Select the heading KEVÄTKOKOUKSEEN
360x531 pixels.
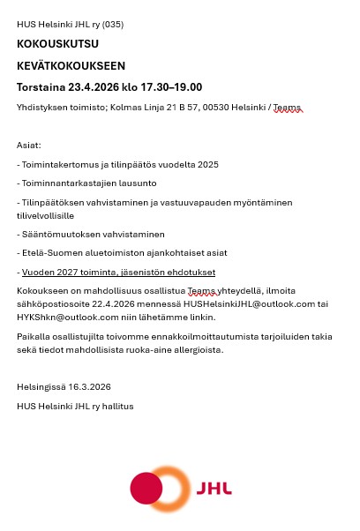click(x=71, y=65)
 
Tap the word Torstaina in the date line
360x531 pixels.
click(x=43, y=86)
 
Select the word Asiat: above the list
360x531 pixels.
click(x=29, y=146)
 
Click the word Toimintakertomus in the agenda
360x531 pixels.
click(x=56, y=164)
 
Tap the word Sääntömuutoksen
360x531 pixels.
click(x=57, y=234)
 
